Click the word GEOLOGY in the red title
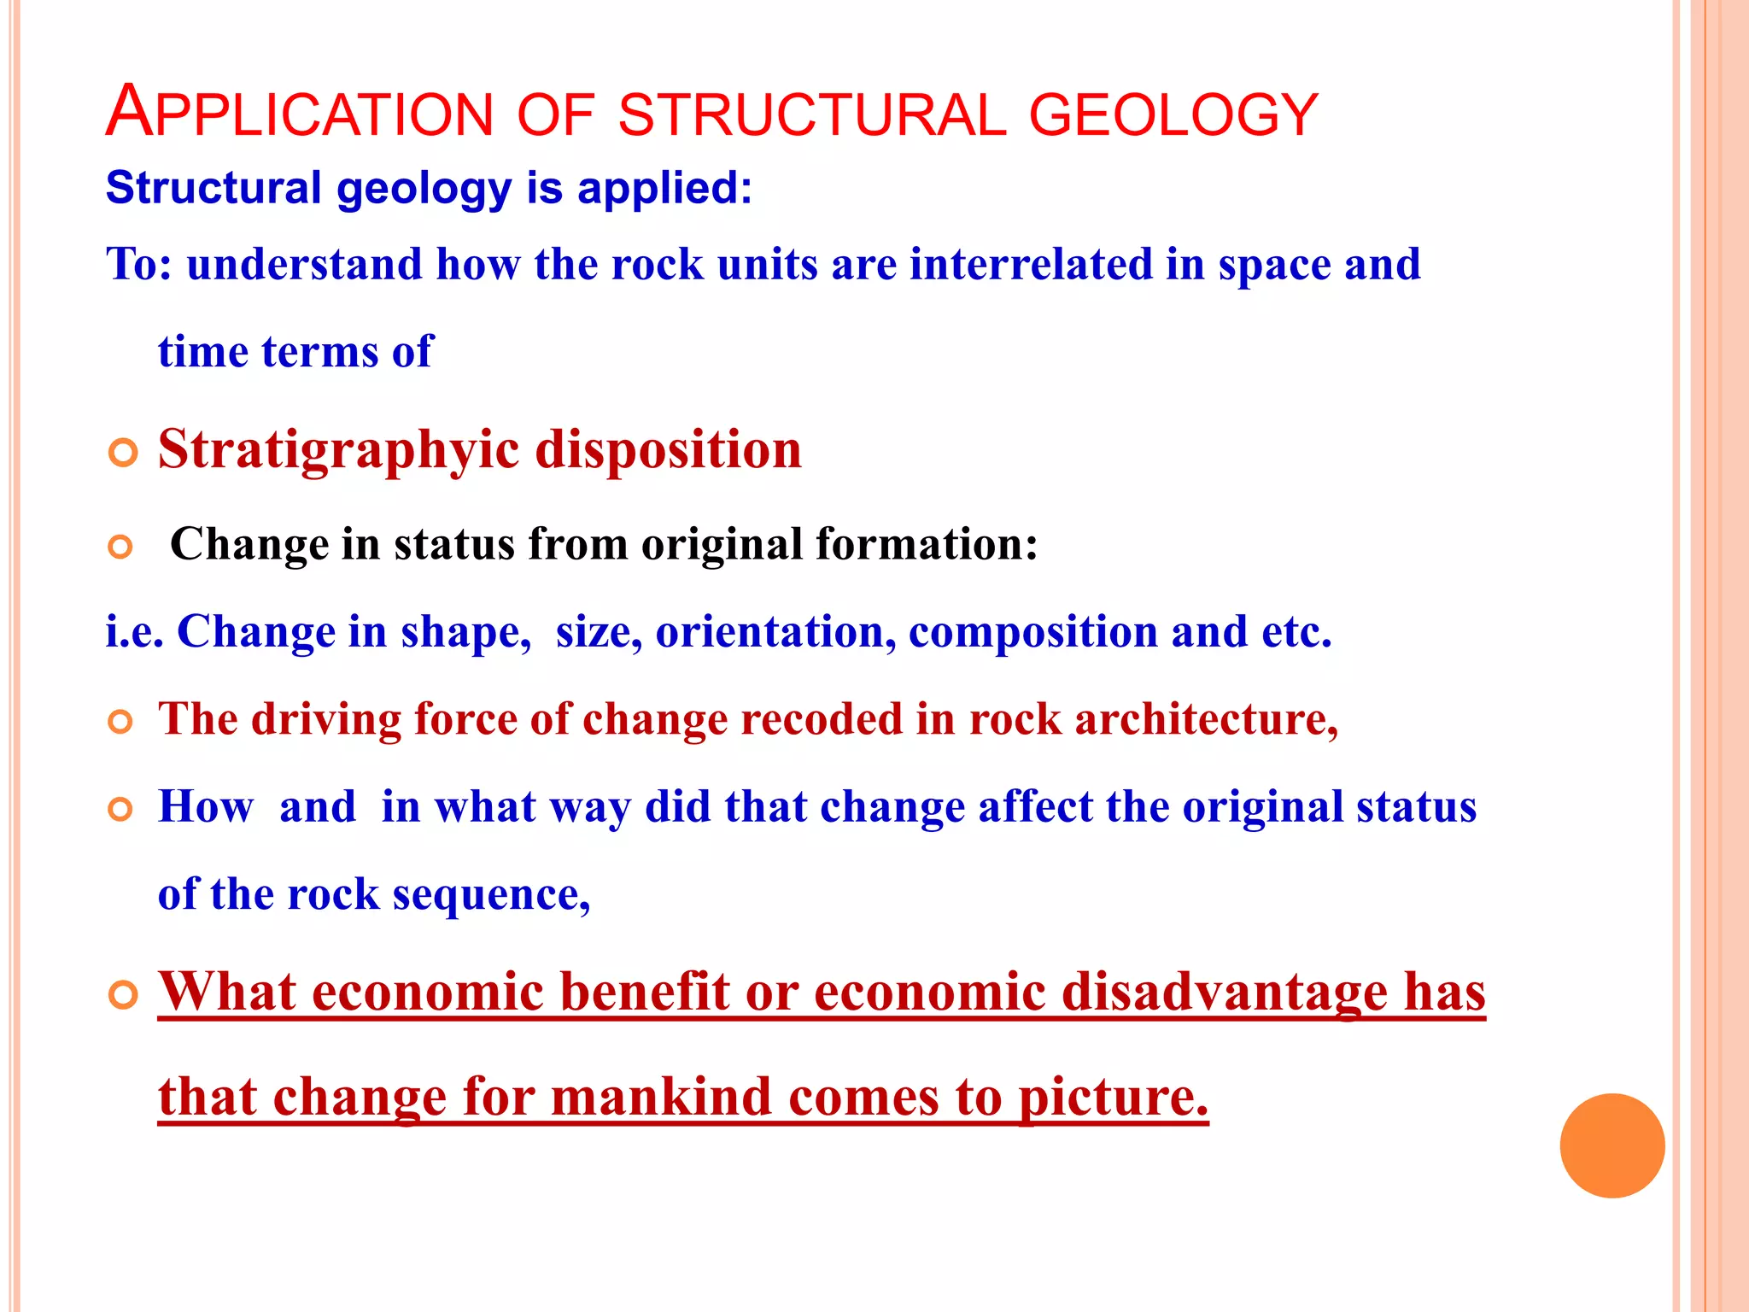coord(1173,115)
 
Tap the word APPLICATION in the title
coord(300,114)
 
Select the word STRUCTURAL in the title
coord(812,115)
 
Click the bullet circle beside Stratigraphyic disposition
coord(123,453)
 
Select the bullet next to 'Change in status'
coord(121,547)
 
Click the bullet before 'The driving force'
coord(121,723)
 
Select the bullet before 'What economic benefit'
coord(123,995)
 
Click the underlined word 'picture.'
coord(1114,1097)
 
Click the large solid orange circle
coord(1612,1145)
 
